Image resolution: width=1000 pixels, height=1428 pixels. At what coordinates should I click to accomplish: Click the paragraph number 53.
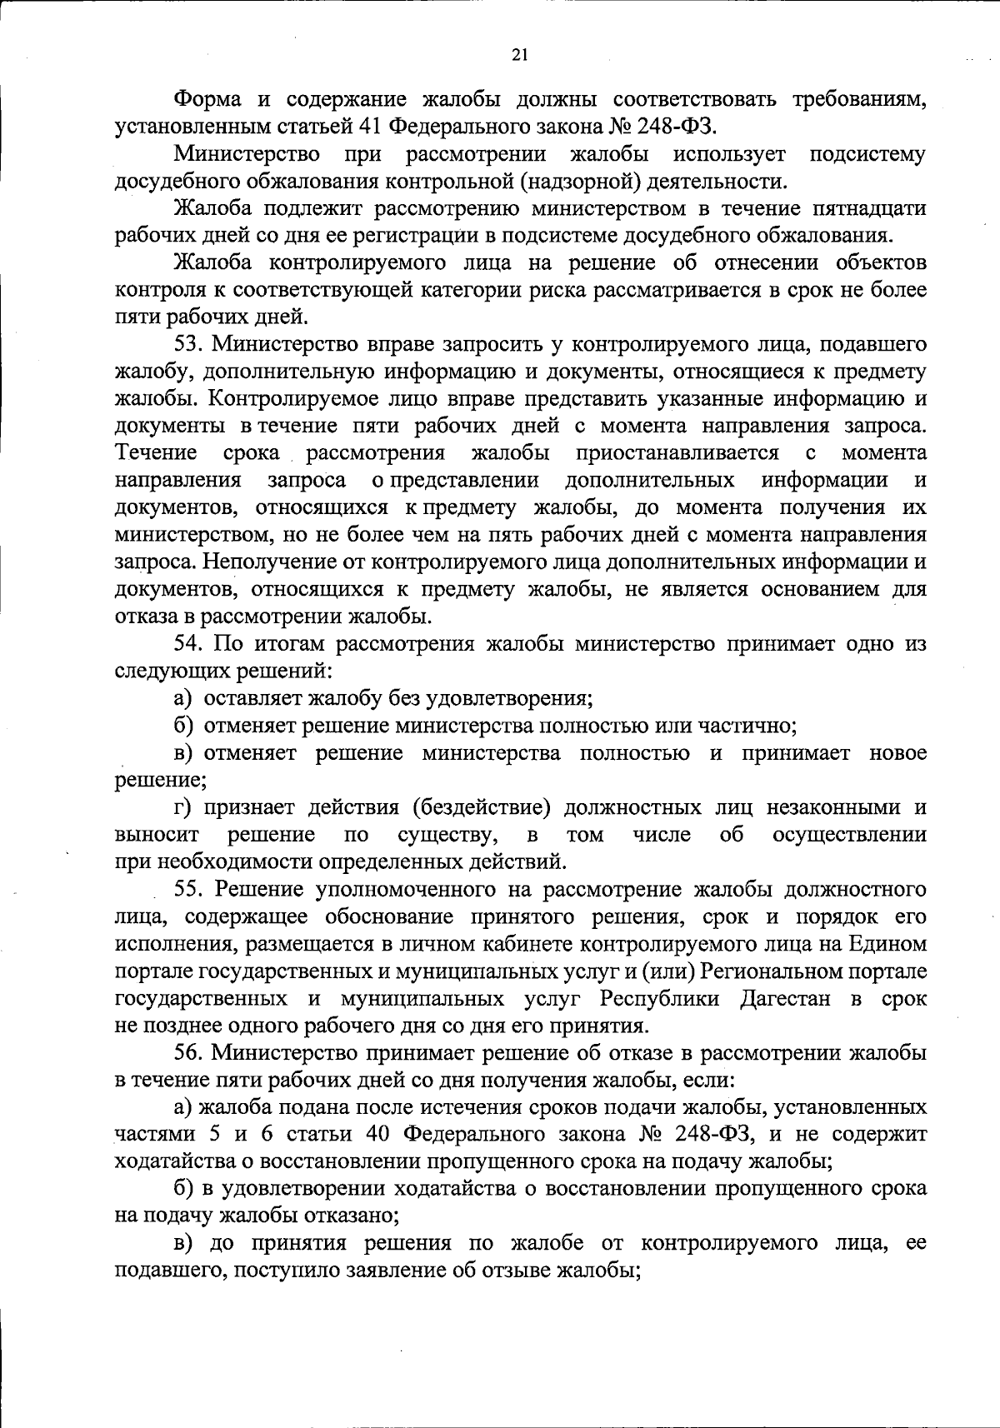(188, 344)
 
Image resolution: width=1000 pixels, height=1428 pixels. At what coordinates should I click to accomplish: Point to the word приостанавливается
(677, 453)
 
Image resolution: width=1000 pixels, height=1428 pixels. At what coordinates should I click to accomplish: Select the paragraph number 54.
(188, 644)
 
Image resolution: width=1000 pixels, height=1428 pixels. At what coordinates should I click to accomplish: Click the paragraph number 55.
(188, 889)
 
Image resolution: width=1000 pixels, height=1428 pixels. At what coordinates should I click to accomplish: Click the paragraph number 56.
(188, 1053)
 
